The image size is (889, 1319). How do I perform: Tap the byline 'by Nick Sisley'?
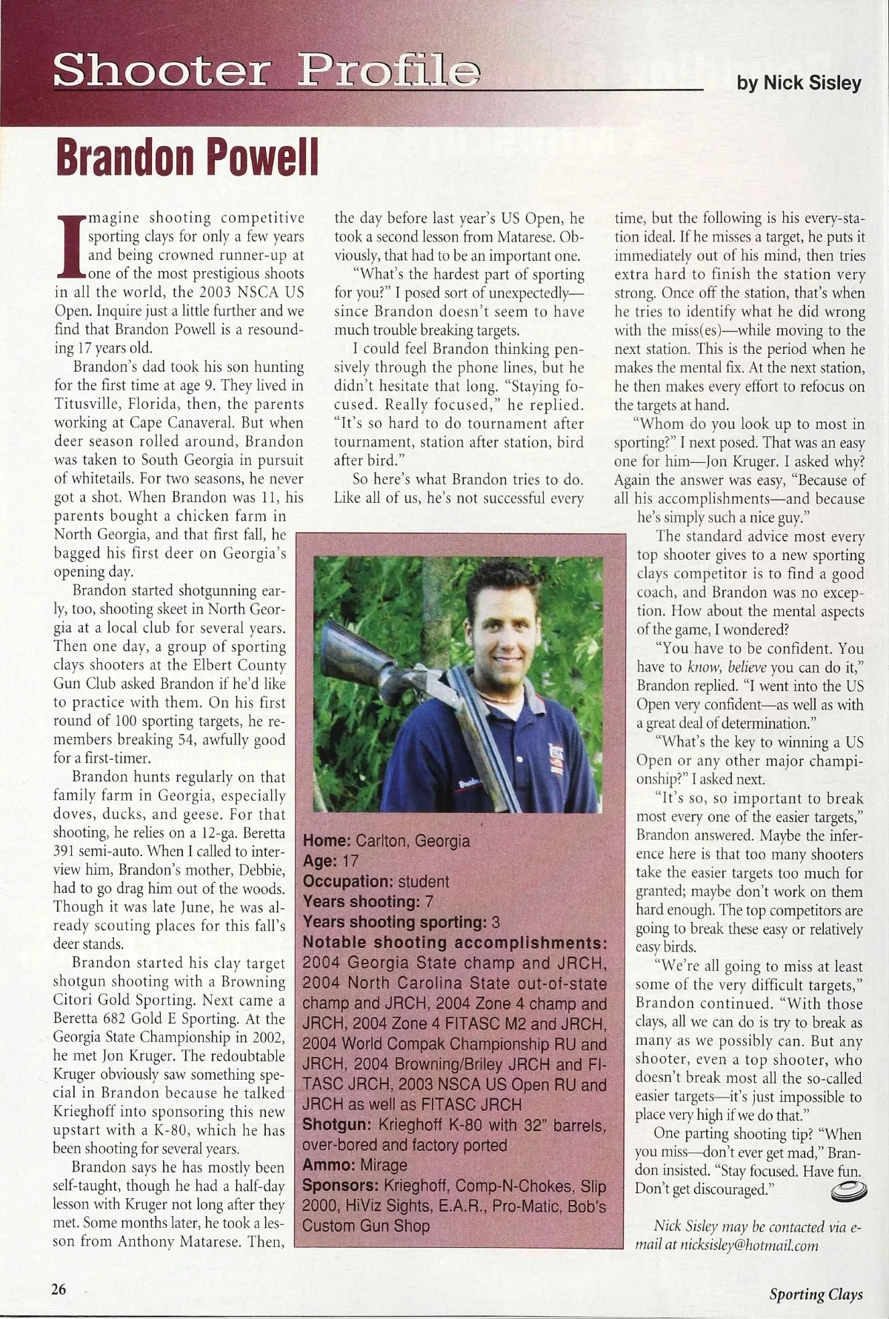tap(799, 83)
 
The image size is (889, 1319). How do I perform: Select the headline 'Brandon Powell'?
tap(186, 156)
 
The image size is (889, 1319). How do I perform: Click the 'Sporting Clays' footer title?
tap(816, 1294)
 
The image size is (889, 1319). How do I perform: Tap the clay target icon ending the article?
tap(848, 1191)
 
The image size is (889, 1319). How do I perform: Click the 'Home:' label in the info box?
tap(327, 841)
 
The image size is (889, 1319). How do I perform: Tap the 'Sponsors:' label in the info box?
tap(341, 1185)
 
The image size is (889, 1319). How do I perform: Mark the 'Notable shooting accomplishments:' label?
tap(455, 943)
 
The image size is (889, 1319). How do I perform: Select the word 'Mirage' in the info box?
tap(384, 1165)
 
